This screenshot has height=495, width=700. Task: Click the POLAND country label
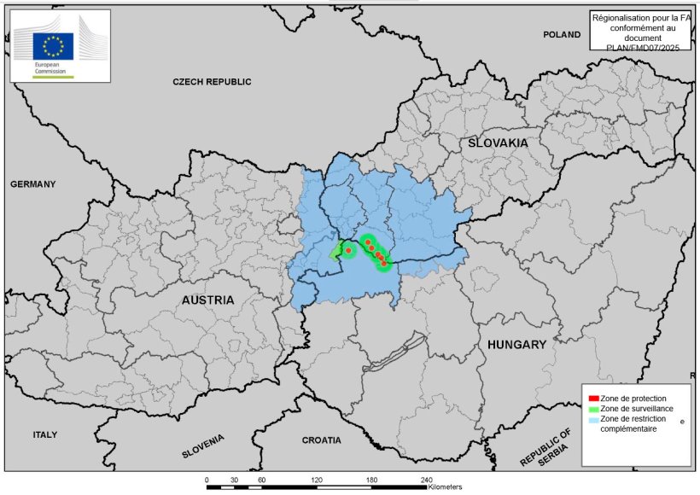(x=562, y=35)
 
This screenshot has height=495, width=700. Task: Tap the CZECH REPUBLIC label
(x=212, y=82)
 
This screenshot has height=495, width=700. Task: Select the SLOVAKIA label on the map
(x=499, y=143)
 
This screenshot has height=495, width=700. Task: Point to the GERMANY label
(x=32, y=184)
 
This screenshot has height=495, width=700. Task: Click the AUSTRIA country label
(x=207, y=300)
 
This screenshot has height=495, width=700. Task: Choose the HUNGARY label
(x=516, y=345)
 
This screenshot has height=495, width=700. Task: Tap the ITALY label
(x=45, y=434)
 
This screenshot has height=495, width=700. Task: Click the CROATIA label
(x=321, y=440)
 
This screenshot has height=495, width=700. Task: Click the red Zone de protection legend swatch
(x=593, y=399)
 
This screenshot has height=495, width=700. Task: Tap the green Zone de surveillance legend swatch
(x=593, y=409)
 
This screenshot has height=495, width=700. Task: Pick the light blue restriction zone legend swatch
(x=593, y=419)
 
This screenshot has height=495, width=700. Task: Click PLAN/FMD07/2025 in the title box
(x=641, y=44)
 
